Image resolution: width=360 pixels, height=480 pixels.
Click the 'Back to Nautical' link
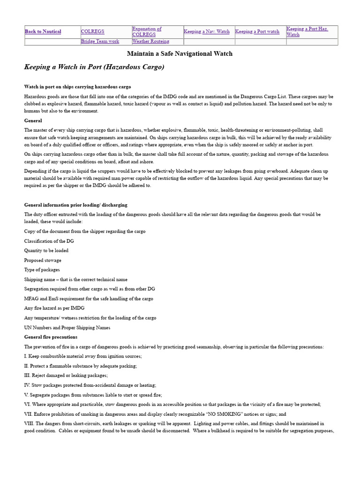(x=43, y=32)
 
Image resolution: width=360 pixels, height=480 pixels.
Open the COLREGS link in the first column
(x=92, y=32)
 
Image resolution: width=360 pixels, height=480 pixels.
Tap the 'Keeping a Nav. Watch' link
(x=206, y=32)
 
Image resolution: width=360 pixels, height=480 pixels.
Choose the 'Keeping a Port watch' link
(x=257, y=32)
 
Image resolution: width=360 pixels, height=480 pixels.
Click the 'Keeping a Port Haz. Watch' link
(x=307, y=31)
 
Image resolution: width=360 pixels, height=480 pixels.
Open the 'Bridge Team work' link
(x=100, y=42)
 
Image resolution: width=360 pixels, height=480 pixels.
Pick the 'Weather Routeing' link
(x=150, y=42)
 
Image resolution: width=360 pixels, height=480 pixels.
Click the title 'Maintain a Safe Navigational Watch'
(x=180, y=54)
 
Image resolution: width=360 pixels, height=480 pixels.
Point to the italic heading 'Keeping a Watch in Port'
(x=94, y=67)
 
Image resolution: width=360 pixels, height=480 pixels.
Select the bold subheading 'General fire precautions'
(x=51, y=337)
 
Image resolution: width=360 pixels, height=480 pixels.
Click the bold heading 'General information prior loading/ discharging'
(x=75, y=205)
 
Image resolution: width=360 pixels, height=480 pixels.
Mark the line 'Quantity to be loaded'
(x=46, y=251)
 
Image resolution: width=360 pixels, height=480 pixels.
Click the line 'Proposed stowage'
(x=43, y=260)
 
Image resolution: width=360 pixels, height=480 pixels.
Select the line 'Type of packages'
(x=42, y=270)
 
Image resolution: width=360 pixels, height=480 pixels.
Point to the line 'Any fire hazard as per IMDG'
(x=54, y=308)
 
